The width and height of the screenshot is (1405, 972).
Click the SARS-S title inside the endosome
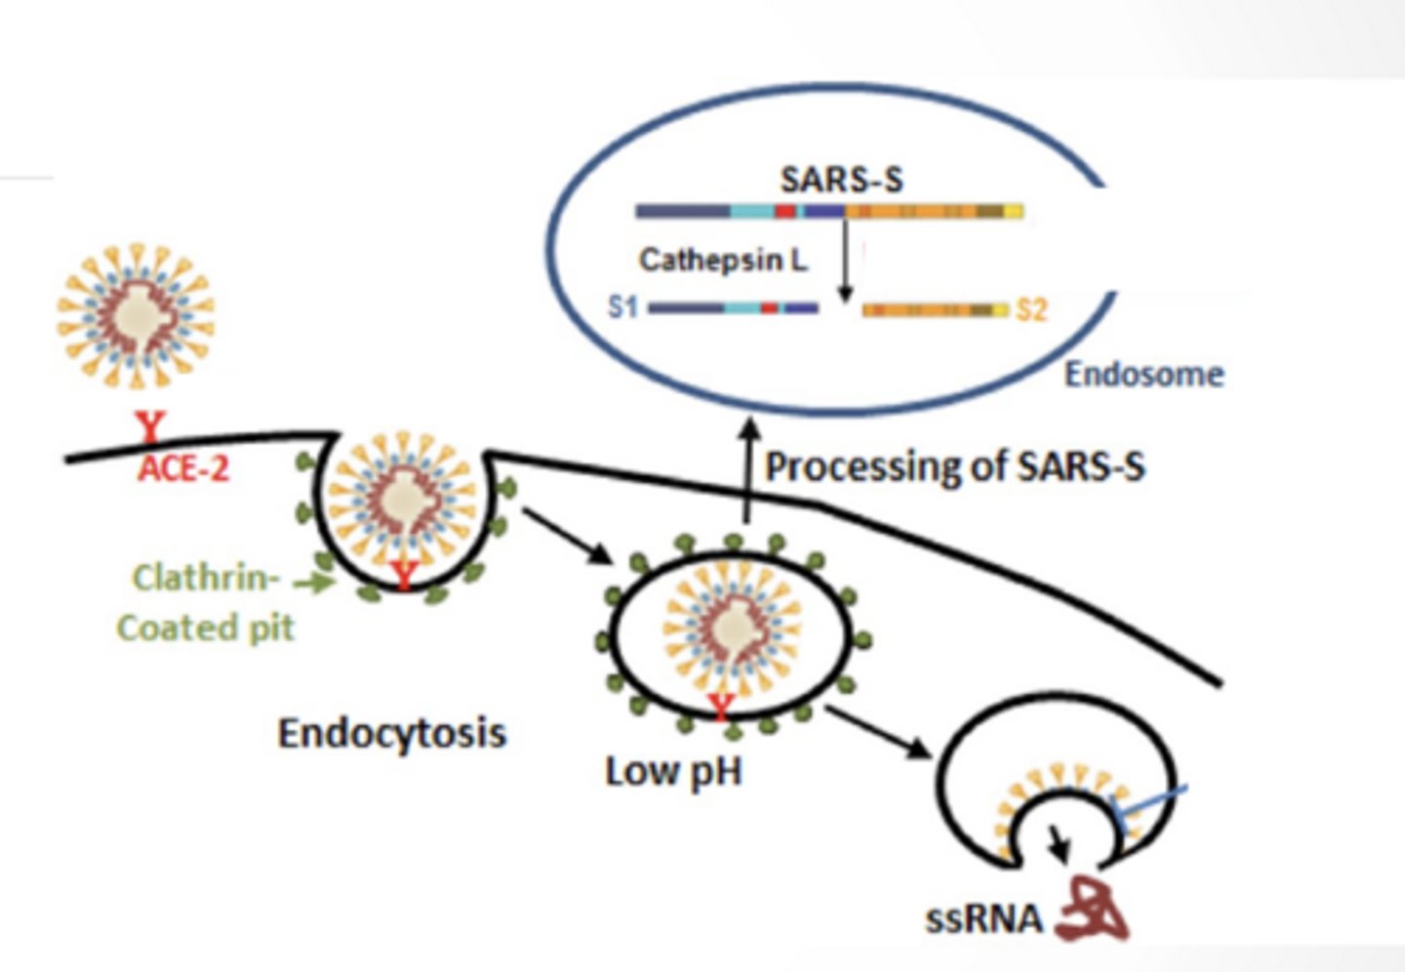pyautogui.click(x=842, y=180)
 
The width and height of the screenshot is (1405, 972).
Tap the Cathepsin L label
pyautogui.click(x=723, y=260)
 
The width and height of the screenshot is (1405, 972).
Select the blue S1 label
pyautogui.click(x=622, y=307)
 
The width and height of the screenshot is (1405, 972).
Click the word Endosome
pyautogui.click(x=1144, y=375)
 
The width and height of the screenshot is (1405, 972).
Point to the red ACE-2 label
pyautogui.click(x=183, y=468)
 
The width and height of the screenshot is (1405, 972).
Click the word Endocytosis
pyautogui.click(x=392, y=733)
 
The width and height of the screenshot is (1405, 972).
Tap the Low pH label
pyautogui.click(x=673, y=773)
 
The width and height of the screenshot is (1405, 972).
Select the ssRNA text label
pyautogui.click(x=983, y=920)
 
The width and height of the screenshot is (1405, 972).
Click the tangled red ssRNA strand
pyautogui.click(x=1093, y=910)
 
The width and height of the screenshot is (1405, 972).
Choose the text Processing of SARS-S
pyautogui.click(x=955, y=467)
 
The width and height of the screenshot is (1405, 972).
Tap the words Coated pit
pyautogui.click(x=205, y=628)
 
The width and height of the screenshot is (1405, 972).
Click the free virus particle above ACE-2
pyautogui.click(x=136, y=315)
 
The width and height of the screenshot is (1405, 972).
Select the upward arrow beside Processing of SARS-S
pyautogui.click(x=747, y=470)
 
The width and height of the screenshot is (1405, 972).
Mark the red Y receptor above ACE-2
pyautogui.click(x=151, y=426)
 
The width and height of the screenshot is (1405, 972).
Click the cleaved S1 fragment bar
pyautogui.click(x=733, y=308)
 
